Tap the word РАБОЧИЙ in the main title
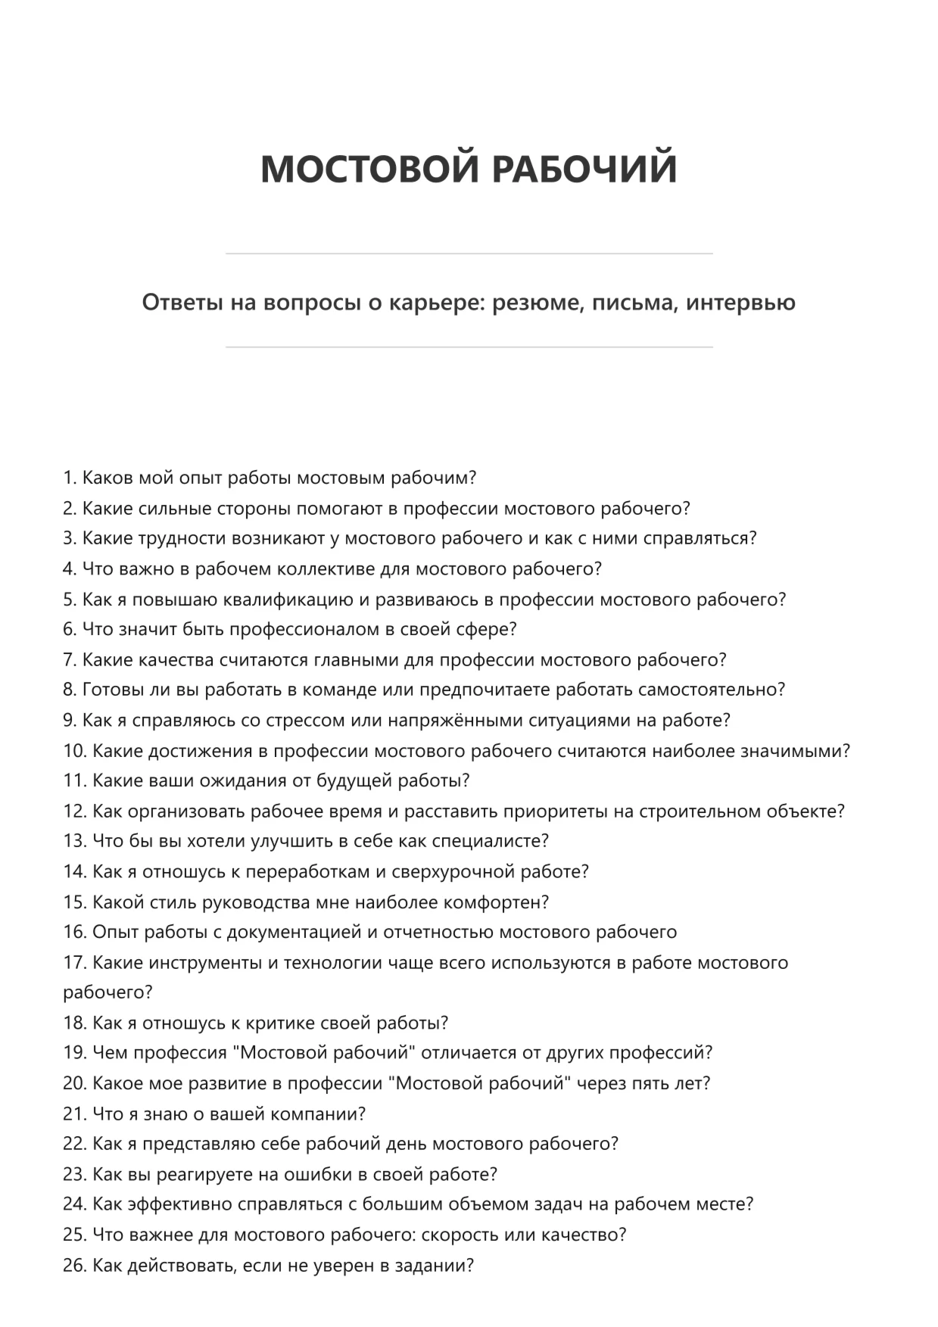tap(584, 168)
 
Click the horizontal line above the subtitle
tap(469, 254)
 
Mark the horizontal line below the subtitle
tap(469, 347)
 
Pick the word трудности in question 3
tap(178, 538)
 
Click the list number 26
tap(74, 1266)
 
